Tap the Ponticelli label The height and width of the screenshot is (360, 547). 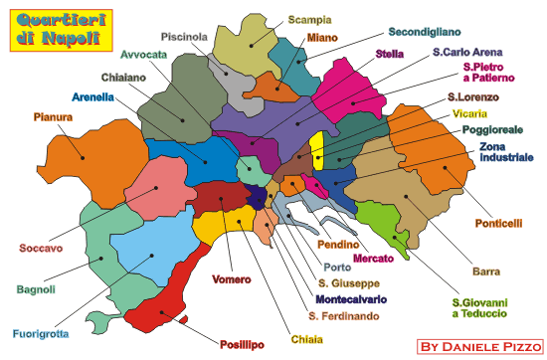click(498, 223)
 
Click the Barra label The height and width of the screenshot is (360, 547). click(486, 270)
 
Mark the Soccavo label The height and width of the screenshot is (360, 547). click(42, 248)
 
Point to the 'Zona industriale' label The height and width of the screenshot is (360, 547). click(506, 151)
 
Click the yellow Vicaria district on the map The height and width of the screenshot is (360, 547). click(317, 152)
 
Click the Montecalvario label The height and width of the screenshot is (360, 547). click(351, 297)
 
